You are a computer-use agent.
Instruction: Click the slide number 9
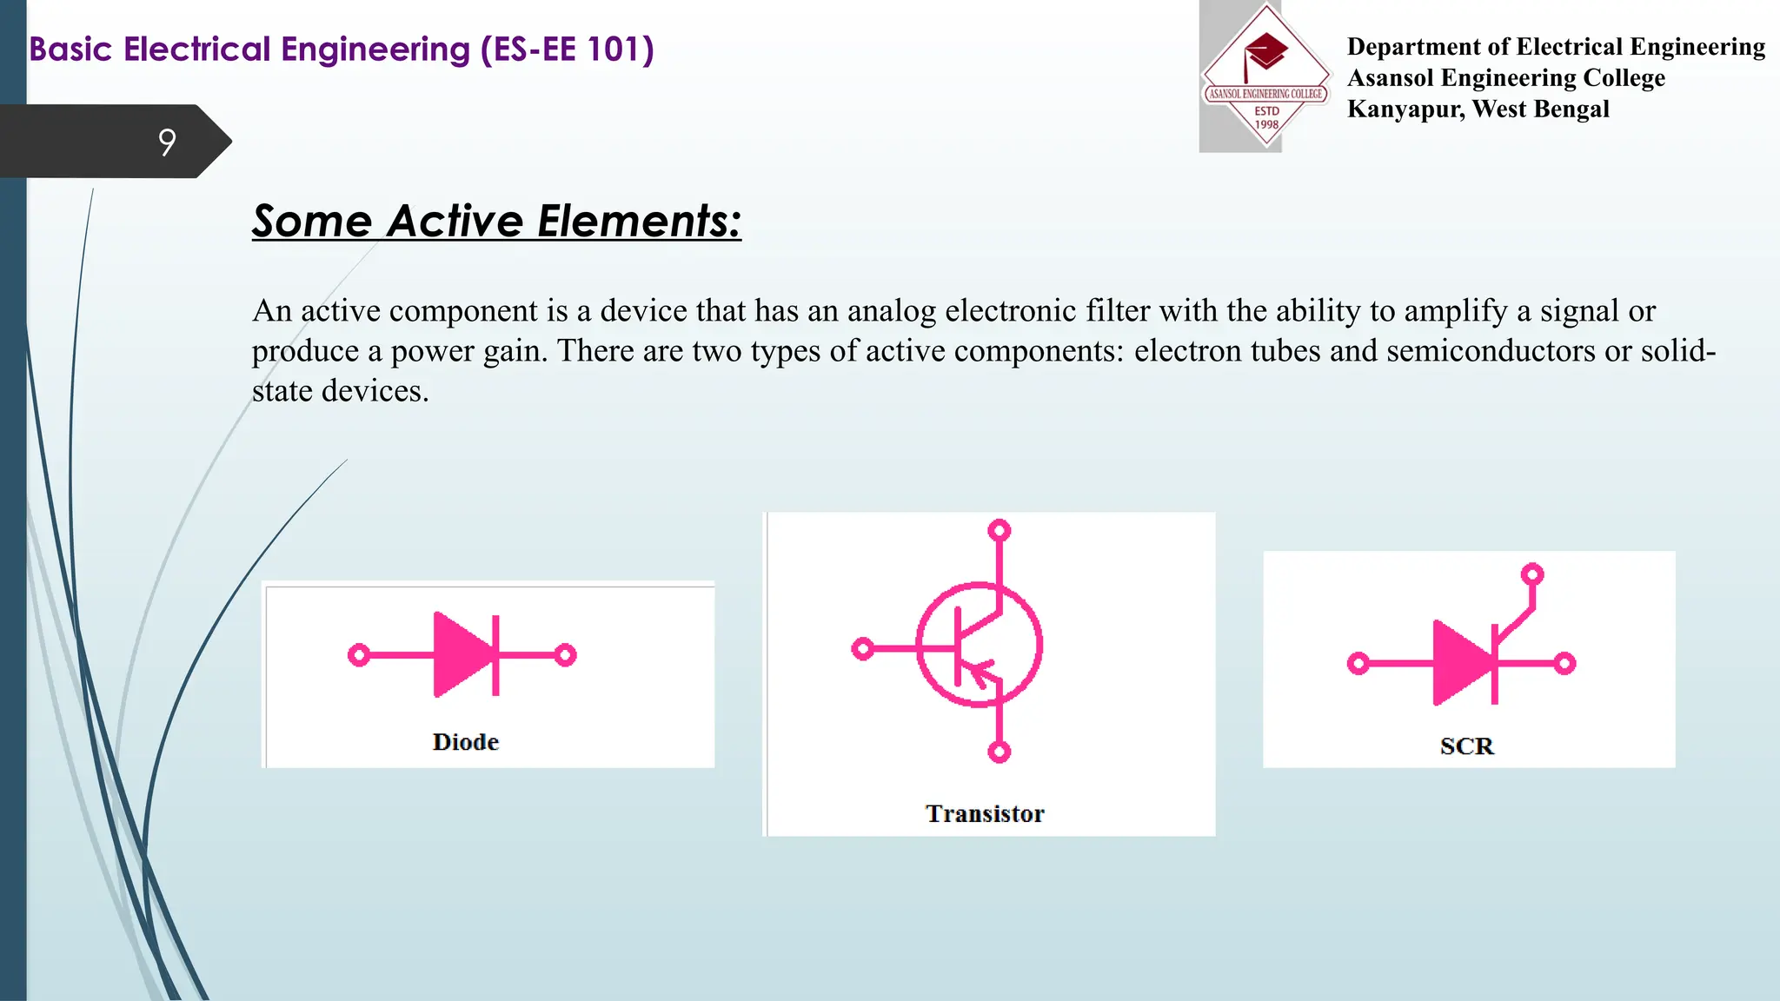tap(167, 142)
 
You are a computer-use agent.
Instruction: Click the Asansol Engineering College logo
tap(1265, 76)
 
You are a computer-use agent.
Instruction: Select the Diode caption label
tap(466, 742)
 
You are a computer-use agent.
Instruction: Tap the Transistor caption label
tap(985, 814)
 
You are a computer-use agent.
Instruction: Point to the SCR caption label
tap(1467, 746)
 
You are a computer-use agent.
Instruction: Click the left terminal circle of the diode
tap(358, 655)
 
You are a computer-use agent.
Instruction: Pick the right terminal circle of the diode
tap(566, 655)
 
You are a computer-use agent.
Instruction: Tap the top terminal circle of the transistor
tap(1000, 530)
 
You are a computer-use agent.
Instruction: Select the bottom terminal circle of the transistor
tap(1000, 752)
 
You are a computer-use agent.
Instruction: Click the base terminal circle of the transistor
tap(862, 648)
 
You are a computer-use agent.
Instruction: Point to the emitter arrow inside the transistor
tap(980, 672)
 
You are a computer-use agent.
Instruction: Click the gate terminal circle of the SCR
tap(1532, 574)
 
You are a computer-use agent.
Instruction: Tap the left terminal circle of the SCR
tap(1358, 664)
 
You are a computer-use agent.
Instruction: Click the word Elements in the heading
tap(639, 221)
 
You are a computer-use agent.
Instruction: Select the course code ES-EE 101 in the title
tap(567, 50)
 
